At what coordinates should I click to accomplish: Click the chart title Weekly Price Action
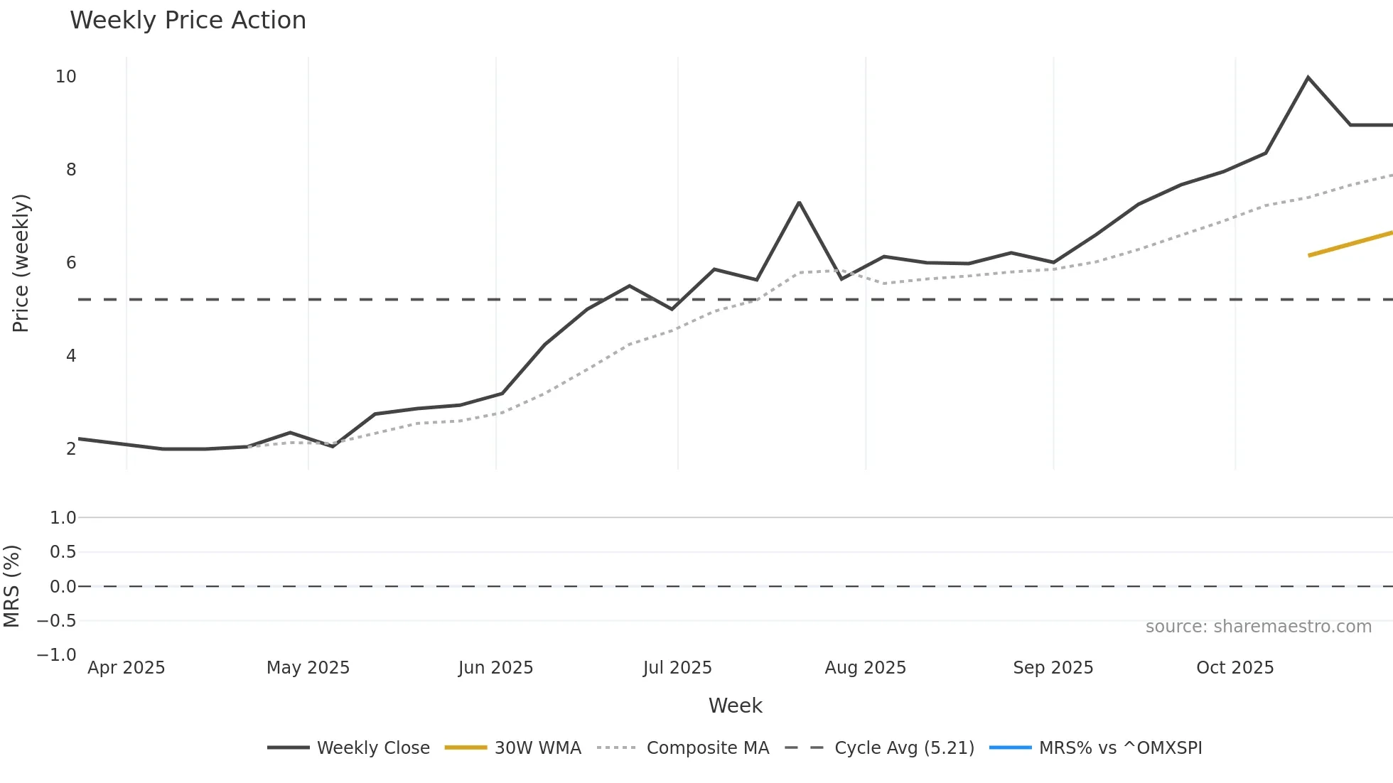[x=188, y=21]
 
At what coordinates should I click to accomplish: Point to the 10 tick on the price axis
[x=66, y=77]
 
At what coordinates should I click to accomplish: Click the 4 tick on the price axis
[x=71, y=355]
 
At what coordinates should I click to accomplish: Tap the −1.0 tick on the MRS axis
[x=57, y=654]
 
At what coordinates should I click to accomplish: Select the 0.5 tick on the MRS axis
[x=63, y=552]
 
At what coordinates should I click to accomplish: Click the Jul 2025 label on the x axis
[x=677, y=668]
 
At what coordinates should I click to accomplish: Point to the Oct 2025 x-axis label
[x=1235, y=668]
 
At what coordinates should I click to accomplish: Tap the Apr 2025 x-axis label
[x=127, y=668]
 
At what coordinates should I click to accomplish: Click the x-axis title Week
[x=735, y=706]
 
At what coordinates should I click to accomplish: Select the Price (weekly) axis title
[x=21, y=263]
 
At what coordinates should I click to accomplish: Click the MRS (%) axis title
[x=11, y=586]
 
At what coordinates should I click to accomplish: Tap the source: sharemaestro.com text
[x=1258, y=627]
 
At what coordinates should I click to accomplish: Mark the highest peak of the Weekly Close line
[x=1308, y=77]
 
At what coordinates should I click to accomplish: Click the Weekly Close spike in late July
[x=799, y=202]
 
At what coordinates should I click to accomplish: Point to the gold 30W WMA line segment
[x=1350, y=244]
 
